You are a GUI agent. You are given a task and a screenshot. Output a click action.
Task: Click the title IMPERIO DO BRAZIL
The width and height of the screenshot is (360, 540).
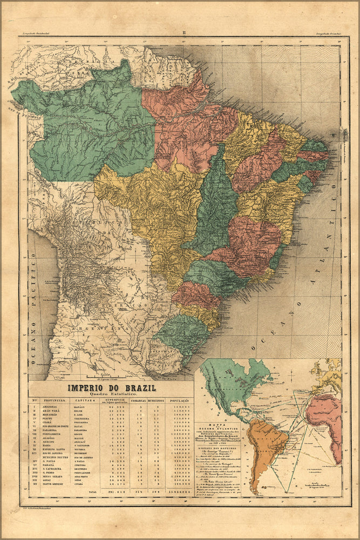[111, 388]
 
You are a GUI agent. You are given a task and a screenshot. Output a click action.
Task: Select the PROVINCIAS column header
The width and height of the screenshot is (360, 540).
[53, 401]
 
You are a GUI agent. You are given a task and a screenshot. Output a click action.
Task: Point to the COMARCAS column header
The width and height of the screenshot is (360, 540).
[140, 401]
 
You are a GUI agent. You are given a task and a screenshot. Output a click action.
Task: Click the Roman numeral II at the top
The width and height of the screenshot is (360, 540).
[184, 33]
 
